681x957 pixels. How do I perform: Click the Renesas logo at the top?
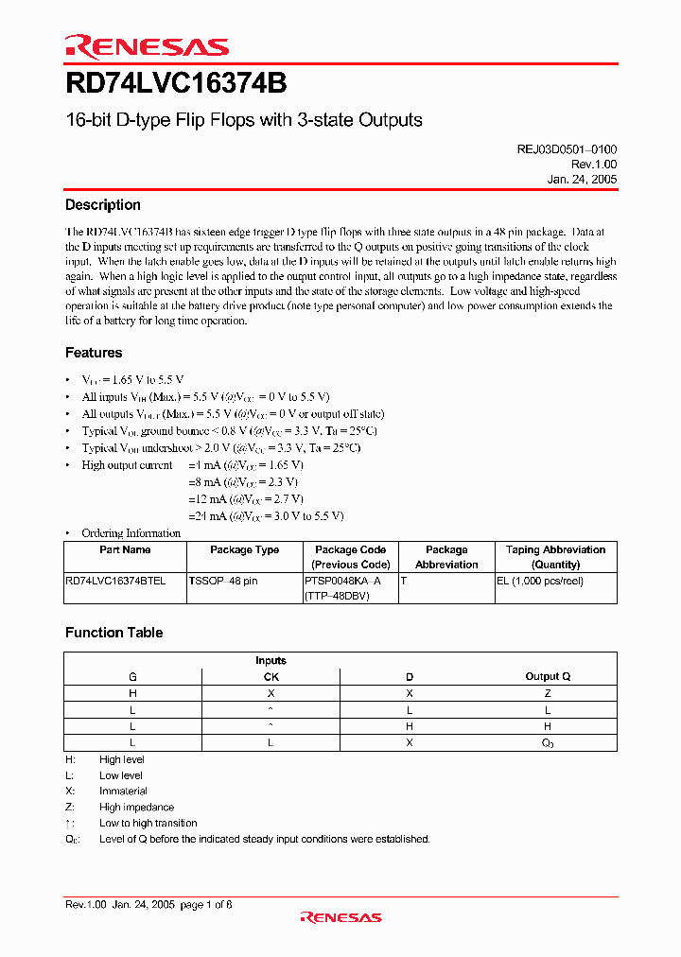pos(147,46)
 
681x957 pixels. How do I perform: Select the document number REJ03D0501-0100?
pos(566,149)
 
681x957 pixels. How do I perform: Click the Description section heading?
pos(103,205)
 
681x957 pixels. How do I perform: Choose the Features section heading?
pos(94,353)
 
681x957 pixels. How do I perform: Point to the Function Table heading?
pos(114,633)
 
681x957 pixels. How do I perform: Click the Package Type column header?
pos(244,549)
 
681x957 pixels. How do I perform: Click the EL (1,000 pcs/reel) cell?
pos(539,581)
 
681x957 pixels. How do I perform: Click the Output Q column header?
pos(548,676)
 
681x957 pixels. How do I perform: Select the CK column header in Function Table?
pos(271,676)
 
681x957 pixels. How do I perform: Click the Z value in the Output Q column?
pos(548,693)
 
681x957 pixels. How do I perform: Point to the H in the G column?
pos(132,693)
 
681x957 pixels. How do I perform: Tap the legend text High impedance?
pos(136,807)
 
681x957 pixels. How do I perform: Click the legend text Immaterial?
pos(123,791)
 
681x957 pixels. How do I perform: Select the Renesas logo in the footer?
pos(340,916)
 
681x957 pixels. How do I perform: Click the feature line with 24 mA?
pos(267,515)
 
